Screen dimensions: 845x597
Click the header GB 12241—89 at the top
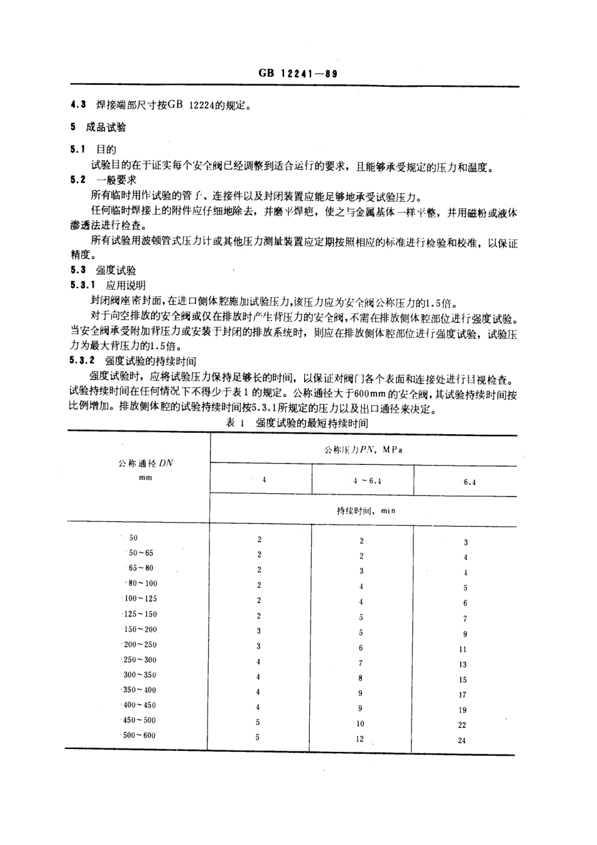[x=298, y=74]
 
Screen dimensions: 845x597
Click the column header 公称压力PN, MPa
[x=363, y=450]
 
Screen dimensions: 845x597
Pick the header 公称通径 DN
[x=146, y=464]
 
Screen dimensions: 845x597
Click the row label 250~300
[x=140, y=660]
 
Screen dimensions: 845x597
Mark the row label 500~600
[x=140, y=736]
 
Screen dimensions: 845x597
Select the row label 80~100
[x=143, y=584]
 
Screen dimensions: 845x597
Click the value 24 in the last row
[x=462, y=741]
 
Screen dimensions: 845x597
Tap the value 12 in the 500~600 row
[x=359, y=739]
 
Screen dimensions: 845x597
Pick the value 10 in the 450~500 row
[x=360, y=724]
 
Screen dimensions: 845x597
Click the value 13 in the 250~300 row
[x=463, y=665]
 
